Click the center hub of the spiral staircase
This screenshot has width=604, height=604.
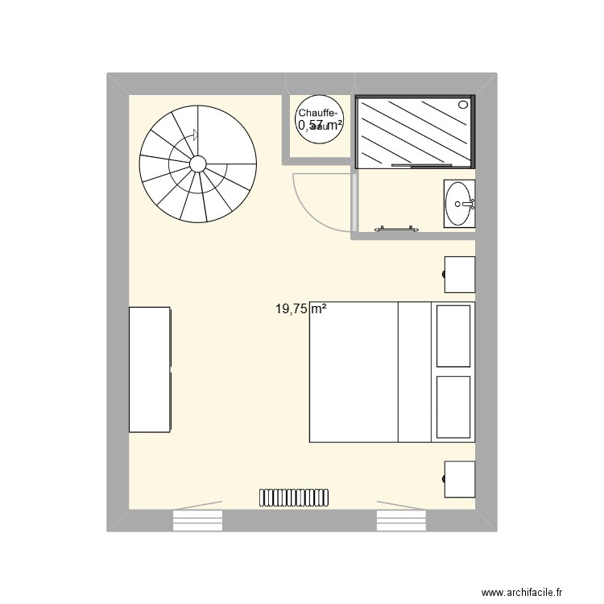[x=198, y=164]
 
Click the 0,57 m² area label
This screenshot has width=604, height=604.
[x=321, y=126]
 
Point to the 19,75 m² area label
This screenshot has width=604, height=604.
[x=300, y=308]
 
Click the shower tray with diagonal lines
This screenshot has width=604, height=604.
[x=415, y=132]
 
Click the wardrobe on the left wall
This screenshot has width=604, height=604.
[x=150, y=370]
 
